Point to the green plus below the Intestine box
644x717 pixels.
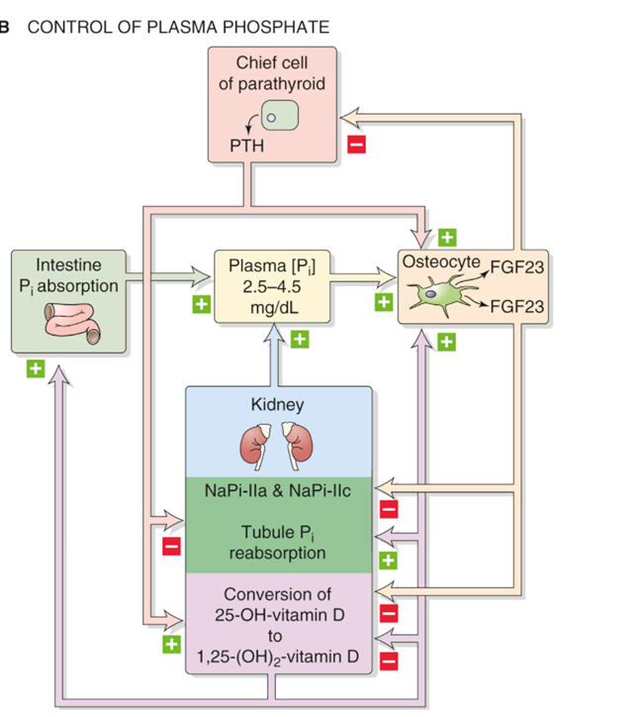pos(36,368)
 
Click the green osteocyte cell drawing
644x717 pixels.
pos(441,296)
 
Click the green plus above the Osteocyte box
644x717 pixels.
pos(446,238)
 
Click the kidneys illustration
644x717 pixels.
pos(278,443)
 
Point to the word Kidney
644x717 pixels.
pos(278,404)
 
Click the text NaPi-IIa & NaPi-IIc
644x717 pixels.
pos(278,491)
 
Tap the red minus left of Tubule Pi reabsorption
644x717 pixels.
pos(172,545)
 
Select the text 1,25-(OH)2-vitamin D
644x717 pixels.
pos(278,656)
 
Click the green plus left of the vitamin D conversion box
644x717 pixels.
pos(172,644)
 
